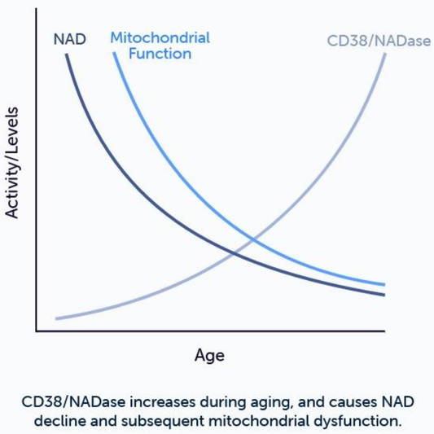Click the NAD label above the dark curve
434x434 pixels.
point(69,38)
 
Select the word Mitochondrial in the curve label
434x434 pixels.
point(160,37)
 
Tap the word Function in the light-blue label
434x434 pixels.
point(160,54)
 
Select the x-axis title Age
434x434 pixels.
point(209,356)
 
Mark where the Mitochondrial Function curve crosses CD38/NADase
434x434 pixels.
point(254,239)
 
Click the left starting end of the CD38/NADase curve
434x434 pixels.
point(55,318)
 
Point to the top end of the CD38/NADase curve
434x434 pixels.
point(384,54)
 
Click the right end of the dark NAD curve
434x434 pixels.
point(384,295)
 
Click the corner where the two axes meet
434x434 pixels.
point(36,331)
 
